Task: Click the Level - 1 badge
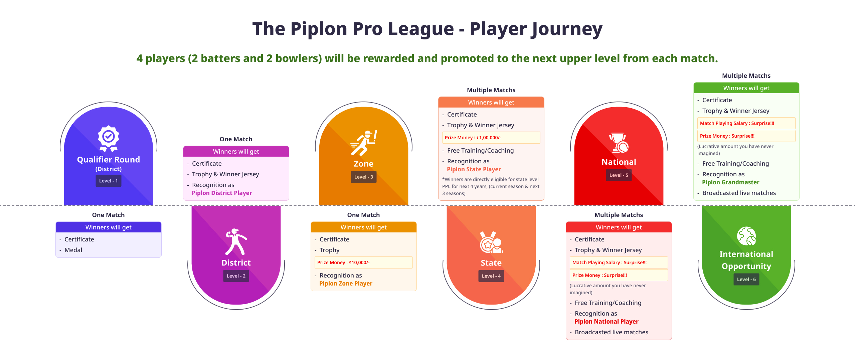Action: click(109, 181)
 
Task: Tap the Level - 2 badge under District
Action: click(236, 276)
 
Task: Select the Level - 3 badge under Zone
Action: click(364, 177)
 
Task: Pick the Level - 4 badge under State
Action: click(491, 276)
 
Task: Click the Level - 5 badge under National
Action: click(619, 175)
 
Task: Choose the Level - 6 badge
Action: click(746, 280)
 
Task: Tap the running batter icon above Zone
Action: click(364, 143)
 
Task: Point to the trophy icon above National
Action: click(619, 143)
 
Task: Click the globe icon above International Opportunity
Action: click(746, 236)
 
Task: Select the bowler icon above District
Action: click(236, 242)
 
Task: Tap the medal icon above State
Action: click(491, 242)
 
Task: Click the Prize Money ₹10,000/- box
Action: click(364, 262)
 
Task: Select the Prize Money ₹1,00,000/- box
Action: click(491, 138)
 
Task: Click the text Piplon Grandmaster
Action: click(730, 182)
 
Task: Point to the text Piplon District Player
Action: click(222, 193)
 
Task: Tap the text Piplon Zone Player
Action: click(346, 284)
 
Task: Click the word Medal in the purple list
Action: click(73, 250)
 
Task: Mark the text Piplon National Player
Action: click(606, 322)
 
